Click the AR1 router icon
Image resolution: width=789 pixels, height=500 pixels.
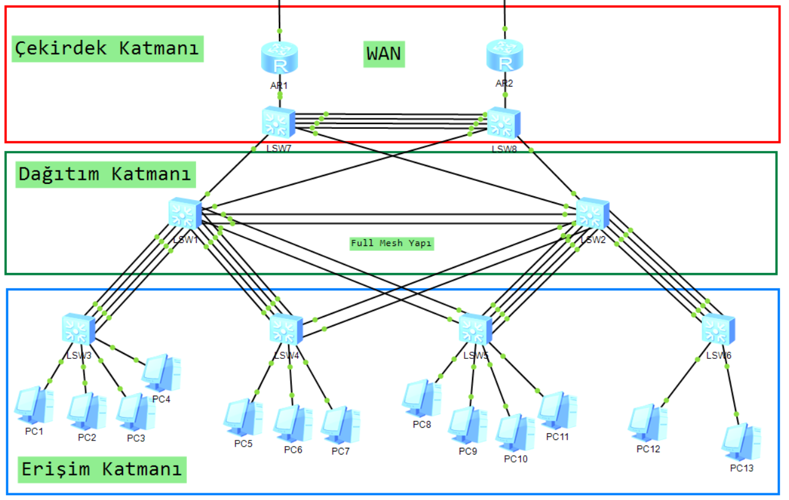(x=280, y=58)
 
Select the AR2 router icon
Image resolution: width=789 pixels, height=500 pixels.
(x=505, y=56)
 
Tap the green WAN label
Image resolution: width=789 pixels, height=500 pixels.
(x=384, y=54)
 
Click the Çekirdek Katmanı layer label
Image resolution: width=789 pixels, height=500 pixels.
(x=107, y=48)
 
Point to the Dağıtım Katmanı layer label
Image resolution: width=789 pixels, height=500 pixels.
(x=105, y=174)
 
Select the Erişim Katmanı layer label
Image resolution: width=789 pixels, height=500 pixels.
(x=102, y=469)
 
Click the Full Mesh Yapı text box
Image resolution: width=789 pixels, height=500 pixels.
(x=392, y=244)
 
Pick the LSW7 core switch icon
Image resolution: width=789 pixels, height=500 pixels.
(x=278, y=122)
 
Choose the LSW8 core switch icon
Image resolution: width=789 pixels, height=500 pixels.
(x=504, y=123)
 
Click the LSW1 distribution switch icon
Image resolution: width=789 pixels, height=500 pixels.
(x=185, y=215)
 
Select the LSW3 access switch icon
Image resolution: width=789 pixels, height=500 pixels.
(x=78, y=329)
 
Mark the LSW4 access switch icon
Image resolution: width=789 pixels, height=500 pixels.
(x=286, y=329)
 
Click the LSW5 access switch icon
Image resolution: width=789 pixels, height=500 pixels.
(x=476, y=329)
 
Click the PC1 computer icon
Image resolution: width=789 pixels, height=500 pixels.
(x=34, y=405)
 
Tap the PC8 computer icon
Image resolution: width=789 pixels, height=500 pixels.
(x=421, y=398)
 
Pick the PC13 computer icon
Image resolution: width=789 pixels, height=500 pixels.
(x=741, y=442)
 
